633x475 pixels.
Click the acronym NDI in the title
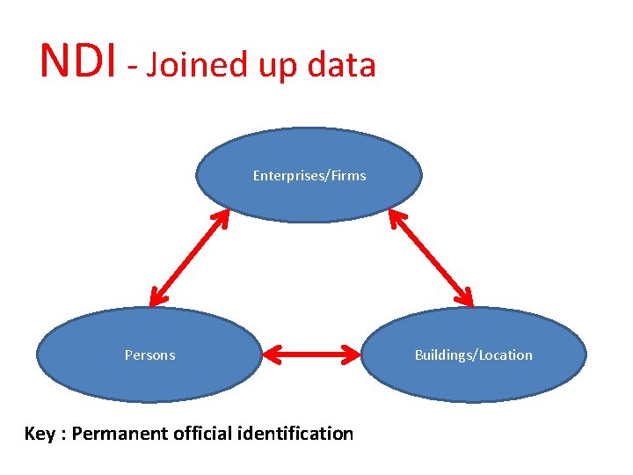point(77,61)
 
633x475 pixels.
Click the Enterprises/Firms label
point(309,176)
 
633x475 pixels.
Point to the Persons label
point(149,355)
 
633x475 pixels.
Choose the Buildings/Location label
point(473,355)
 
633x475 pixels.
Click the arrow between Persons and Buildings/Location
point(313,355)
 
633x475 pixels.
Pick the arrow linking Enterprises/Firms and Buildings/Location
point(433,257)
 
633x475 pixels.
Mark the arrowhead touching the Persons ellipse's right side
point(270,355)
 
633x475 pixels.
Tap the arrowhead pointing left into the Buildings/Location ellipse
point(355,355)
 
